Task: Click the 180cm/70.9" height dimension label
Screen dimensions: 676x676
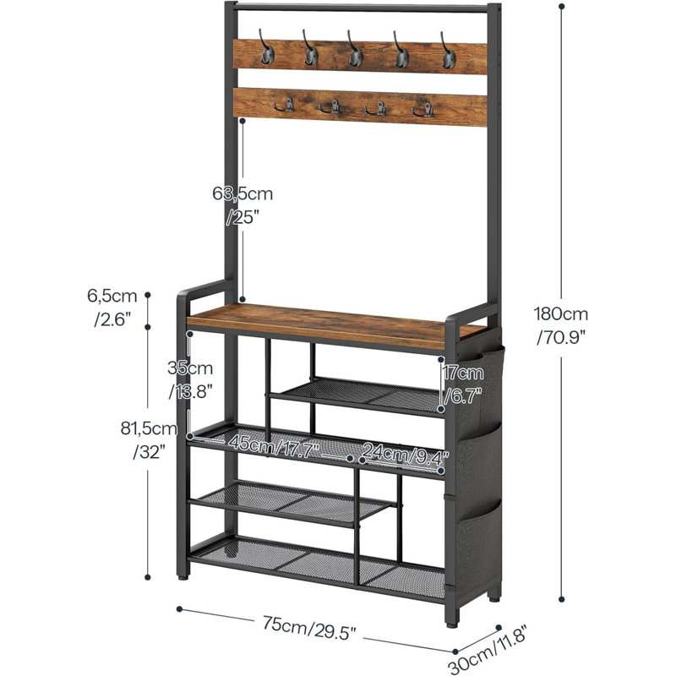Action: point(561,325)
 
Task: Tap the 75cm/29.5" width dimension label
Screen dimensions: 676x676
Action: point(309,628)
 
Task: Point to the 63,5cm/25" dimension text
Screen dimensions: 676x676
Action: point(243,205)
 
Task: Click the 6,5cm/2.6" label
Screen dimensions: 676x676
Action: point(112,308)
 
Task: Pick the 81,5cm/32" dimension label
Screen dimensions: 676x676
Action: point(150,440)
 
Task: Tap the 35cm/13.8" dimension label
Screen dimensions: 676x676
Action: point(190,379)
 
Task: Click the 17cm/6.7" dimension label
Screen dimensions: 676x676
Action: point(463,384)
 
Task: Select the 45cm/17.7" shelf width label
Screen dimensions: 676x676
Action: point(274,446)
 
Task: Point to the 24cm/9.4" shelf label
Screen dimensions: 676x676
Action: point(406,454)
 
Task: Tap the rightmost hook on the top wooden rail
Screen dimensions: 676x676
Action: point(448,51)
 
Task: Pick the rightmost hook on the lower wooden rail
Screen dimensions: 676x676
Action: point(423,111)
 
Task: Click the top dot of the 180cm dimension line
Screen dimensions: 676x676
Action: point(561,7)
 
